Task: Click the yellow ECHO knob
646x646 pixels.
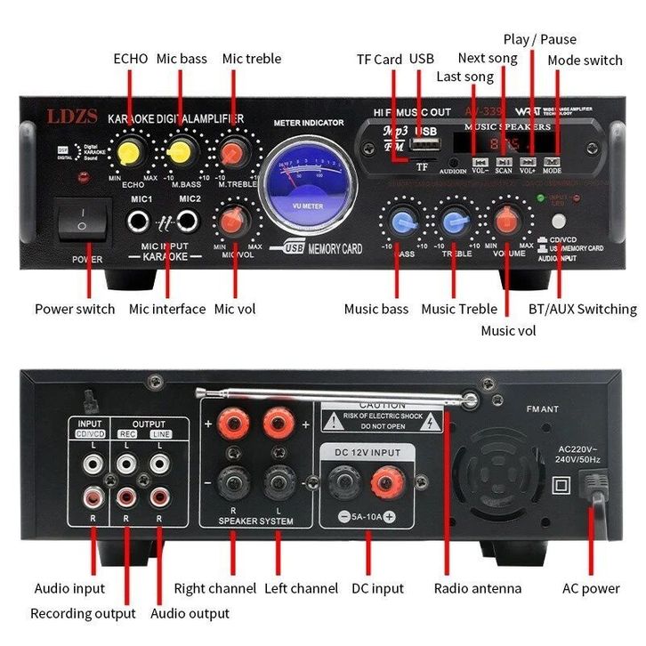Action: point(133,150)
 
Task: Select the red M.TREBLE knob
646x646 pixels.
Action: point(235,149)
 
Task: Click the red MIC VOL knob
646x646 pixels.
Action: point(235,219)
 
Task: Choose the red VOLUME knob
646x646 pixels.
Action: point(506,219)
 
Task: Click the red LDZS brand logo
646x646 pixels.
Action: point(68,117)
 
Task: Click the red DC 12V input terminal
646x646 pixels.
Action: point(384,485)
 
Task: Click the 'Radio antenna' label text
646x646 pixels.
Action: point(477,588)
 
